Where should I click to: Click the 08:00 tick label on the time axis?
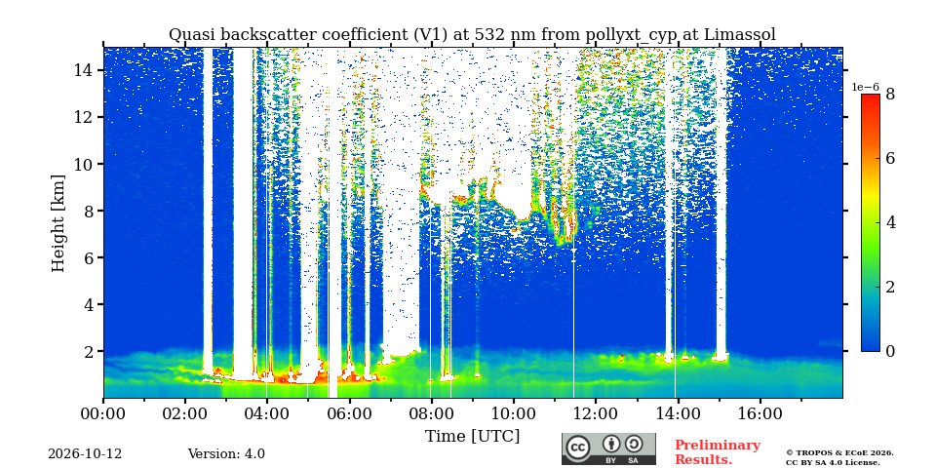pyautogui.click(x=431, y=413)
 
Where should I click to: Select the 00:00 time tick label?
pyautogui.click(x=103, y=413)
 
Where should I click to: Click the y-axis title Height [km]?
pyautogui.click(x=58, y=223)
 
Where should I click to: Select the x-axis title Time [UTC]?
pyautogui.click(x=472, y=437)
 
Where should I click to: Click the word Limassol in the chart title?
pyautogui.click(x=740, y=35)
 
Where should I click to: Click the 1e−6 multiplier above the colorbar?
pyautogui.click(x=865, y=87)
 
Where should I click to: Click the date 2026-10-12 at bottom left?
pyautogui.click(x=85, y=454)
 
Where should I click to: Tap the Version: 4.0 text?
pyautogui.click(x=226, y=454)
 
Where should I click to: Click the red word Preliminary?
pyautogui.click(x=718, y=446)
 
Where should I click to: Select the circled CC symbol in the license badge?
pyautogui.click(x=578, y=448)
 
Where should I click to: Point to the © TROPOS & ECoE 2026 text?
pyautogui.click(x=839, y=453)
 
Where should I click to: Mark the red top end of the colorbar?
pyautogui.click(x=871, y=96)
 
